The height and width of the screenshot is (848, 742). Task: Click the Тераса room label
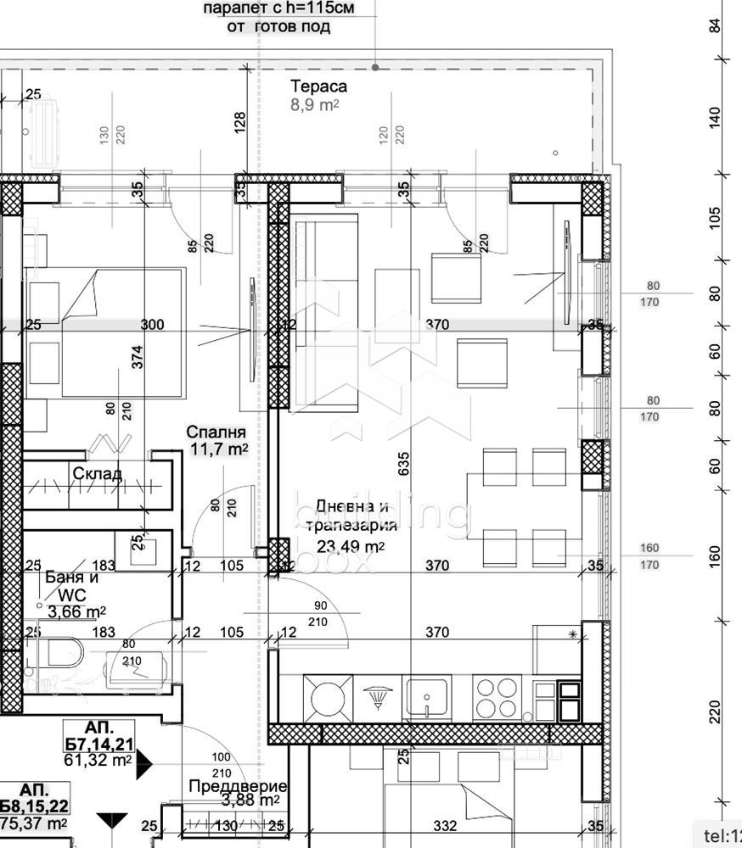pyautogui.click(x=318, y=86)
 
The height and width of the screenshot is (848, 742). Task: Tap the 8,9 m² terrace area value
pyautogui.click(x=315, y=105)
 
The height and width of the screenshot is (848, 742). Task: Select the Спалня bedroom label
pyautogui.click(x=216, y=432)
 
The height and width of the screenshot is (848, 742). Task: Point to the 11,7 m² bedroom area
pyautogui.click(x=217, y=449)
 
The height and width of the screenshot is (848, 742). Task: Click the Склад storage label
pyautogui.click(x=97, y=473)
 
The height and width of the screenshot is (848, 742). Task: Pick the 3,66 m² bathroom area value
pyautogui.click(x=76, y=611)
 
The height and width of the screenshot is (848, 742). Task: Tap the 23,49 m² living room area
pyautogui.click(x=351, y=546)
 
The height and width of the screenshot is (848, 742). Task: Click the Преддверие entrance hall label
pyautogui.click(x=237, y=786)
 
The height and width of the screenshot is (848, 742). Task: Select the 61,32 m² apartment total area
pyautogui.click(x=97, y=761)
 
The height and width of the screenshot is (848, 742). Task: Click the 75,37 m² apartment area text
pyautogui.click(x=34, y=823)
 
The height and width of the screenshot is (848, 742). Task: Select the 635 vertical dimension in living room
pyautogui.click(x=404, y=462)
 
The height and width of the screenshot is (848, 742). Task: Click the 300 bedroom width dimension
pyautogui.click(x=153, y=325)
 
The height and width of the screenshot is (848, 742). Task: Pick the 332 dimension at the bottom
pyautogui.click(x=445, y=825)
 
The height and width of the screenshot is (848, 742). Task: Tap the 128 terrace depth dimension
pyautogui.click(x=240, y=122)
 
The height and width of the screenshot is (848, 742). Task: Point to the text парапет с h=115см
pyautogui.click(x=278, y=8)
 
